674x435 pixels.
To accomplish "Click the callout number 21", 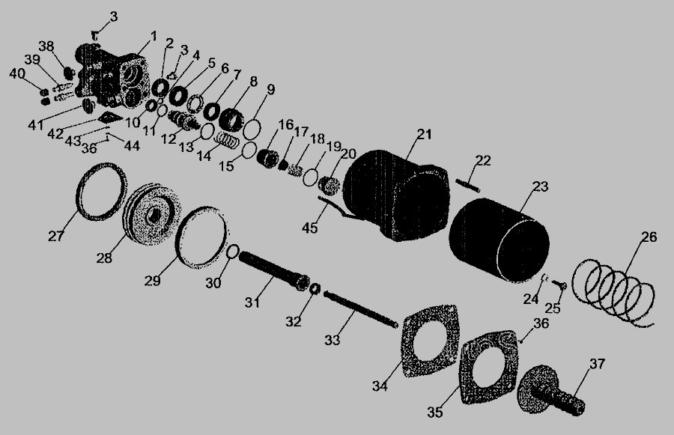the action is pyautogui.click(x=424, y=134).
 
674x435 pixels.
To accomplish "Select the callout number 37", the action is pyautogui.click(x=597, y=364).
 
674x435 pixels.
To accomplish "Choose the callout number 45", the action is pyautogui.click(x=309, y=228).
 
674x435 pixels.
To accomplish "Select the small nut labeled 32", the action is pyautogui.click(x=315, y=288).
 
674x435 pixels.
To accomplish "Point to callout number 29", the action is pyautogui.click(x=152, y=281).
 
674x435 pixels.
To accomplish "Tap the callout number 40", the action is pyautogui.click(x=17, y=73).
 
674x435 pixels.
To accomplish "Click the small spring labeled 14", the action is pyautogui.click(x=226, y=140).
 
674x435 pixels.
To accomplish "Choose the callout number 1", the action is pyautogui.click(x=154, y=36).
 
